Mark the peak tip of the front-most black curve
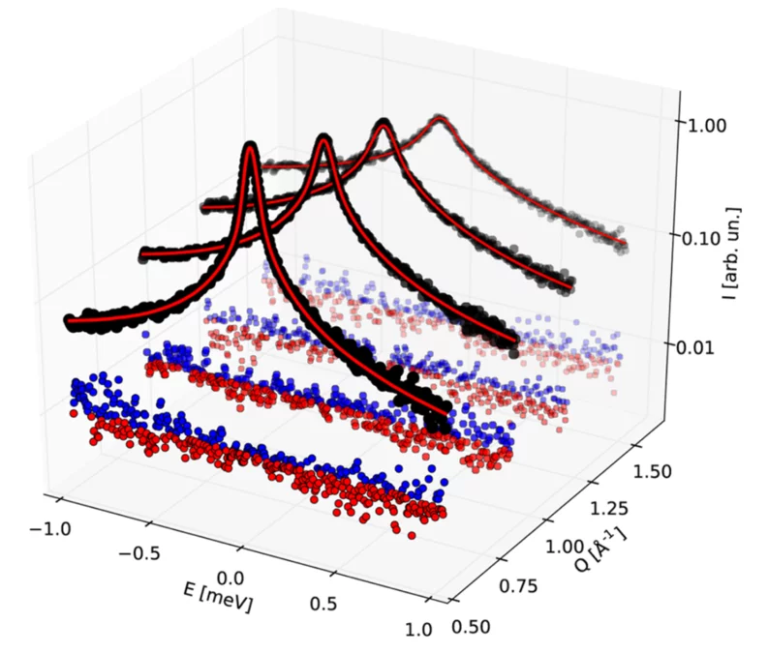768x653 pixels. pos(252,147)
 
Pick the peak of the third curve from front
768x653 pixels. pos(384,124)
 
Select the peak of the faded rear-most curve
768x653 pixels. pos(441,119)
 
